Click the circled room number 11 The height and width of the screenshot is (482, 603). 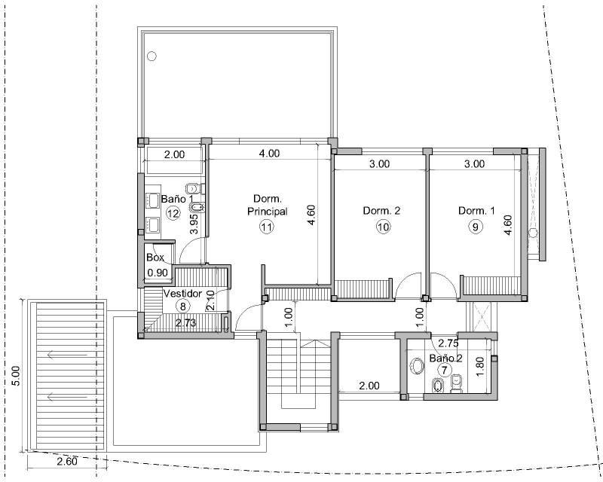pyautogui.click(x=267, y=227)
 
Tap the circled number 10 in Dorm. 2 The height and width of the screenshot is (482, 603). pyautogui.click(x=383, y=227)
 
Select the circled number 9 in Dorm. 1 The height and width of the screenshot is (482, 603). pyautogui.click(x=476, y=227)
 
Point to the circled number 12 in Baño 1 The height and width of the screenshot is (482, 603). pyautogui.click(x=173, y=213)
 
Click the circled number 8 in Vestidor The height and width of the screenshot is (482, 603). pyautogui.click(x=182, y=307)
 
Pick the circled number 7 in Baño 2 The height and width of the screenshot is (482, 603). pyautogui.click(x=445, y=370)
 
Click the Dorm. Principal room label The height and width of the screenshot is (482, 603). pyautogui.click(x=268, y=205)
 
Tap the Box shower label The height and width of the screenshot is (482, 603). pyautogui.click(x=155, y=257)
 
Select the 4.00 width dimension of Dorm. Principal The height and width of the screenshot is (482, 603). pyautogui.click(x=269, y=154)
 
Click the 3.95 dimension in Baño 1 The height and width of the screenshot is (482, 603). pyautogui.click(x=194, y=224)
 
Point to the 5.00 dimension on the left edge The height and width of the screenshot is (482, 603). pyautogui.click(x=15, y=375)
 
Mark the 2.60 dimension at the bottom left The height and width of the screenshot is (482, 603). pyautogui.click(x=67, y=461)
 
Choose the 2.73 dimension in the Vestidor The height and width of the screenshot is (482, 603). pyautogui.click(x=185, y=323)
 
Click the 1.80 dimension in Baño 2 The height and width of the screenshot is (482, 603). pyautogui.click(x=479, y=368)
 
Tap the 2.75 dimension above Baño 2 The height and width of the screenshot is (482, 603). pyautogui.click(x=448, y=343)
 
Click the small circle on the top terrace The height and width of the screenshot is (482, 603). pyautogui.click(x=152, y=56)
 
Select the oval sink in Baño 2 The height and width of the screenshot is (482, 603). pyautogui.click(x=417, y=366)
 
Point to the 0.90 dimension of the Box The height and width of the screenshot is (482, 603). pyautogui.click(x=158, y=273)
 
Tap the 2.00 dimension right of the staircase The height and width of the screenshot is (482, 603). pyautogui.click(x=369, y=386)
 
